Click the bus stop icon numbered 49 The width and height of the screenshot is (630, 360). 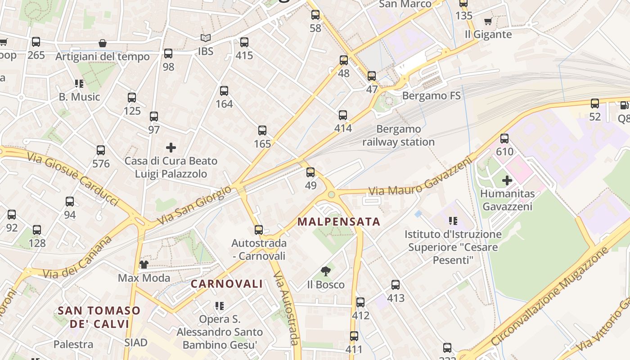tap(310, 172)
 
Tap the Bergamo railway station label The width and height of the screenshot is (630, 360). tap(398, 135)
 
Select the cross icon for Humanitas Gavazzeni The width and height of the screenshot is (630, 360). tap(507, 180)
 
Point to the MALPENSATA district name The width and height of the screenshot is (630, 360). tap(339, 222)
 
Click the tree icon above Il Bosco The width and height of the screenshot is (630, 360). tap(326, 271)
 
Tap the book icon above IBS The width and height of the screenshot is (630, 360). tap(205, 38)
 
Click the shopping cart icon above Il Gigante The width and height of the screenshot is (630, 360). tap(488, 21)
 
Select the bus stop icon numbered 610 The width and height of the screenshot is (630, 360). tap(504, 139)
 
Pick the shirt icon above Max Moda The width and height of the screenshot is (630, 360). tap(144, 264)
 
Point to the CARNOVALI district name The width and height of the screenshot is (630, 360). tap(226, 284)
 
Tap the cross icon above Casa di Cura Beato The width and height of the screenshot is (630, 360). tap(171, 147)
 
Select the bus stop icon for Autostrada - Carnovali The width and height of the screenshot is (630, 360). tap(259, 230)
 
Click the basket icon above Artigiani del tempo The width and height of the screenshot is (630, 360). tap(103, 43)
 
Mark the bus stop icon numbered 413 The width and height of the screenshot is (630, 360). tap(396, 285)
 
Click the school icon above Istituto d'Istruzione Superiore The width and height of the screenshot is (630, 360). tap(453, 220)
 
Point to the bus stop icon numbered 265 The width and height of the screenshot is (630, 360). tap(36, 42)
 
